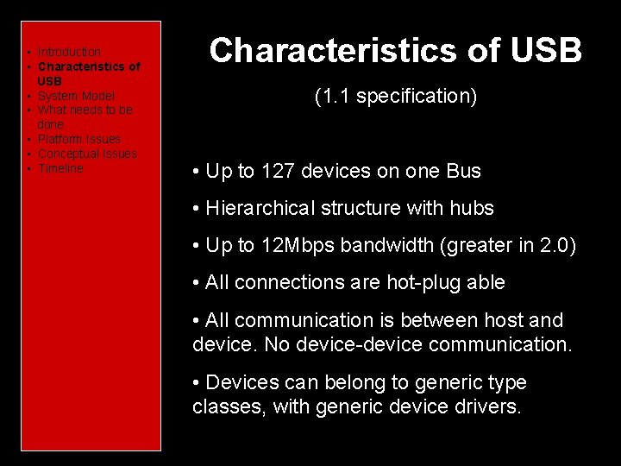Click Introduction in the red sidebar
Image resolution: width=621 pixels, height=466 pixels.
[69, 52]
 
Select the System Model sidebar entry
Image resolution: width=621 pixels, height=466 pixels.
[76, 96]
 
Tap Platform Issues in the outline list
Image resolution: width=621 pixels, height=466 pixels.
[79, 139]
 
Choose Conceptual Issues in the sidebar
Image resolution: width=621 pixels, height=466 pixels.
[87, 154]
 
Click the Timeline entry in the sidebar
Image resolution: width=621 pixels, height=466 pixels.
[60, 168]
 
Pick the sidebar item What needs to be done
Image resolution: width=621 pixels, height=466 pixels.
[85, 110]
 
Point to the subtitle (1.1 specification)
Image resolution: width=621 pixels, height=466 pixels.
[395, 96]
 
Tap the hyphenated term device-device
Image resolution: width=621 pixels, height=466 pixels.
[366, 344]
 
